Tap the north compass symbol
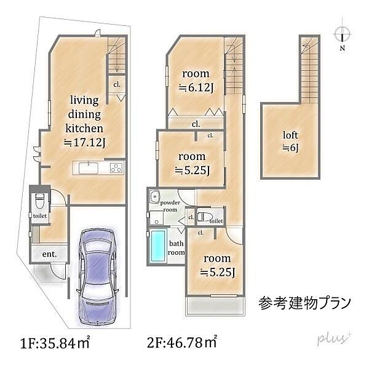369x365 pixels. click(342, 34)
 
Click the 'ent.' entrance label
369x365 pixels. click(50, 254)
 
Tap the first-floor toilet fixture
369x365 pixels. click(40, 201)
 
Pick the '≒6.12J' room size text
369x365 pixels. click(196, 87)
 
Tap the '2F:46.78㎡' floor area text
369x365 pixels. click(182, 339)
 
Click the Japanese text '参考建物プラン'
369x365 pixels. click(306, 303)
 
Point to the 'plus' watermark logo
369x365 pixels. click(333, 339)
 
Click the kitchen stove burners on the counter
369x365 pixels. click(117, 168)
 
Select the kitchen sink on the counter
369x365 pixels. click(86, 167)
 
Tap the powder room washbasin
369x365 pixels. click(155, 198)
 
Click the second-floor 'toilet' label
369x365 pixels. click(216, 220)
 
